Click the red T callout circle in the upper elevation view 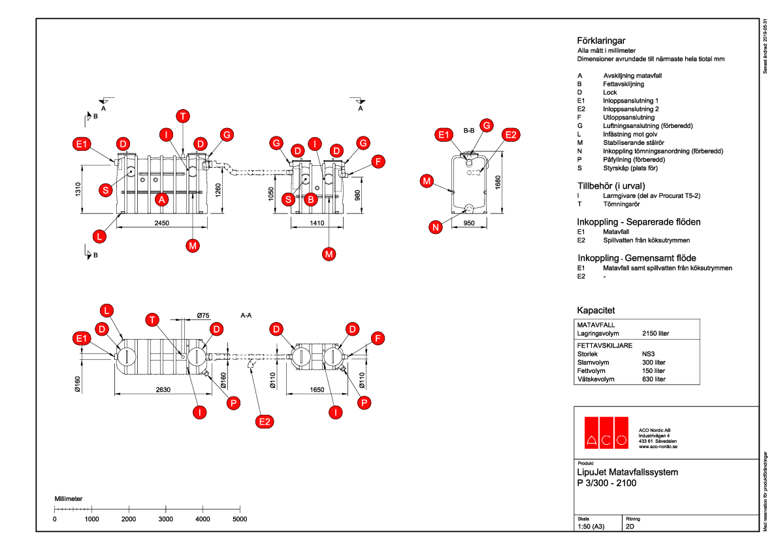click(184, 116)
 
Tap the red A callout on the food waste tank click(161, 199)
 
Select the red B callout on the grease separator click(311, 199)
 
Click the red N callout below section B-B click(436, 227)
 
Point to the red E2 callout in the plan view click(265, 422)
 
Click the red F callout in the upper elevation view click(377, 161)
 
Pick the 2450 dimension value click(162, 223)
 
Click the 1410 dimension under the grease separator click(317, 223)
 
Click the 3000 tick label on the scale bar click(166, 519)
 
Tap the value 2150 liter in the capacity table click(655, 333)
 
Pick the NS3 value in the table click(650, 355)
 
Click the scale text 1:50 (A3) click(591, 526)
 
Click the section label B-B click(468, 130)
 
